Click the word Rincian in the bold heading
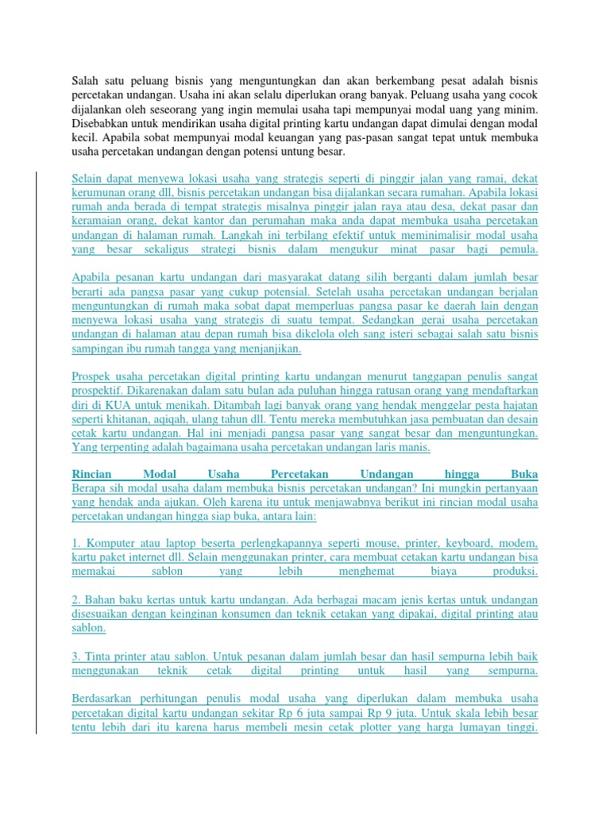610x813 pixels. pyautogui.click(x=94, y=472)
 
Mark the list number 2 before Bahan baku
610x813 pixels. pyautogui.click(x=75, y=599)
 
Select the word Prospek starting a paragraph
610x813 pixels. pyautogui.click(x=94, y=376)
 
